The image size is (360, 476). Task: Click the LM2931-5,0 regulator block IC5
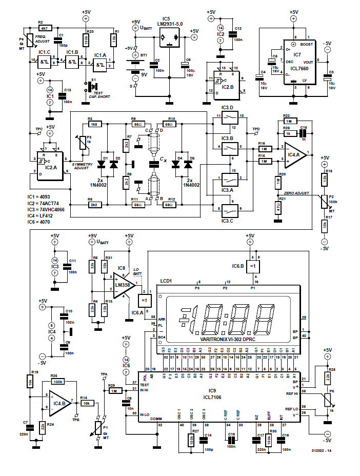coord(170,37)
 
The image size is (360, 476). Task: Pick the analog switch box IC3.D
coord(227,121)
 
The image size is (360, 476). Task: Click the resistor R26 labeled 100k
coord(57,382)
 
